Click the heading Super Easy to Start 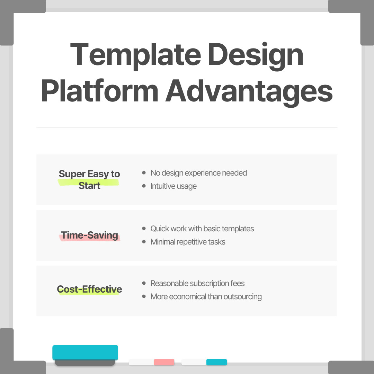click(x=89, y=180)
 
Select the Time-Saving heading click(x=90, y=235)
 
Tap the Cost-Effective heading click(x=89, y=290)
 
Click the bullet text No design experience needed click(x=198, y=173)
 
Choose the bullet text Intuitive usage click(x=173, y=186)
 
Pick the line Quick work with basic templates click(x=202, y=229)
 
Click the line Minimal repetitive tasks click(x=188, y=242)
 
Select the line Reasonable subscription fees click(x=197, y=284)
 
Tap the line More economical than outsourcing click(x=206, y=297)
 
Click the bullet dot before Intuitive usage click(x=144, y=186)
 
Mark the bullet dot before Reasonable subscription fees click(x=144, y=283)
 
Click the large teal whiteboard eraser click(x=85, y=353)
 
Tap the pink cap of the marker click(x=164, y=362)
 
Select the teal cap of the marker click(x=216, y=362)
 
